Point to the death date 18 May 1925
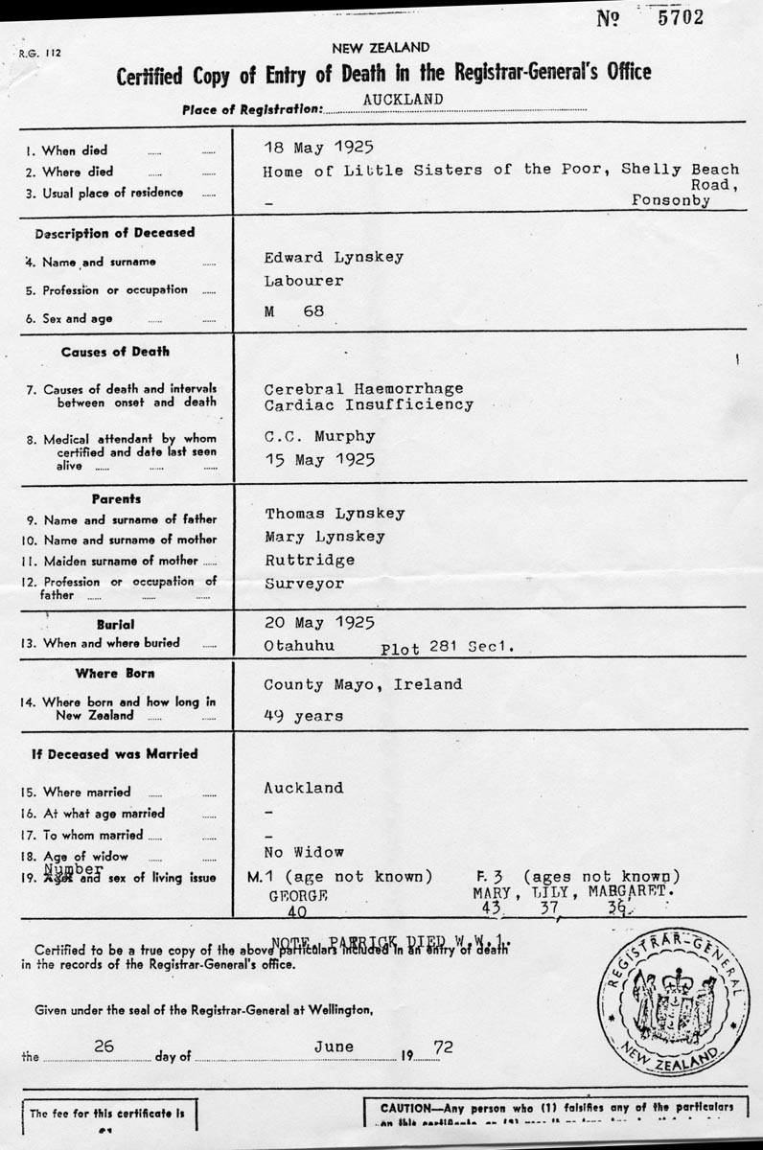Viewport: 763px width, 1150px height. (x=317, y=148)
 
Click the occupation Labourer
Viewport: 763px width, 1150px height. (x=304, y=281)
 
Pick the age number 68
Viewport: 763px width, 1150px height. (x=313, y=311)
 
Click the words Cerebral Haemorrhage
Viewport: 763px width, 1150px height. (x=363, y=388)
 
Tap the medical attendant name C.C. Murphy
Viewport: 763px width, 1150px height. (x=319, y=435)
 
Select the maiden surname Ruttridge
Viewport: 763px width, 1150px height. (x=310, y=560)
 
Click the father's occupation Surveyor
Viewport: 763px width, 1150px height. (x=304, y=583)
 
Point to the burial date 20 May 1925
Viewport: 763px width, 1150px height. (x=317, y=622)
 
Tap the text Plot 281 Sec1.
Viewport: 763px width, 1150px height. (x=448, y=648)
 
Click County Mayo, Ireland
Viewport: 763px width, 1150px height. (x=362, y=684)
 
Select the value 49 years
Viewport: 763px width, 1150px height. (x=304, y=715)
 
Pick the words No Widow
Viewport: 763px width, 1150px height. (x=304, y=851)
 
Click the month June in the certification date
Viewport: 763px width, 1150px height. (x=334, y=1046)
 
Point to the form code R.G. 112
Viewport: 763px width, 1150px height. (x=39, y=55)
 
